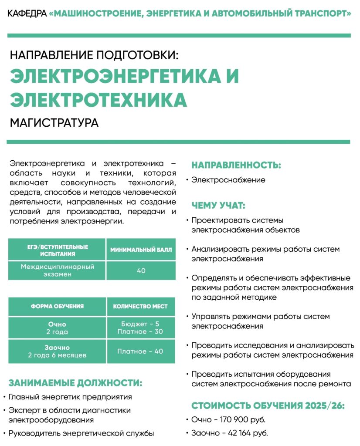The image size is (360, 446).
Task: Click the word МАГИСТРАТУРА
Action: click(54, 122)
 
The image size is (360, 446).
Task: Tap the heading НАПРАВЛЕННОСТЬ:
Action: click(236, 165)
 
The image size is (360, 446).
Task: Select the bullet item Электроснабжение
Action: click(228, 179)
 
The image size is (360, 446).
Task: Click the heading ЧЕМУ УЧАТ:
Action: click(218, 206)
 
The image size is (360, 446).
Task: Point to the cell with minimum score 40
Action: click(141, 270)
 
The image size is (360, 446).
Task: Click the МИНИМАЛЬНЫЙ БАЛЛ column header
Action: click(141, 250)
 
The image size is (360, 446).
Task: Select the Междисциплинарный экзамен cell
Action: click(57, 270)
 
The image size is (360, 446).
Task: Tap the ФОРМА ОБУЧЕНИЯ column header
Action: click(57, 306)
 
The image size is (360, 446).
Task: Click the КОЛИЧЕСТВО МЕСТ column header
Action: click(140, 306)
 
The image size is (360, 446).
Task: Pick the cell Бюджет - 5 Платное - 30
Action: click(140, 328)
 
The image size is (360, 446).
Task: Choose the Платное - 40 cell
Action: click(140, 351)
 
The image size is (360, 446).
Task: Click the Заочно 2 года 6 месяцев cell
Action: click(57, 351)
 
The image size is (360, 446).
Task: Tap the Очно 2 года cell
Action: click(57, 328)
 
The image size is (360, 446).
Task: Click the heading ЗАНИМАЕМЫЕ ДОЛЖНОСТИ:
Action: click(75, 383)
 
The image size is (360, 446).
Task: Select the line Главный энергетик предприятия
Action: click(70, 397)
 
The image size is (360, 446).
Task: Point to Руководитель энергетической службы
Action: click(81, 433)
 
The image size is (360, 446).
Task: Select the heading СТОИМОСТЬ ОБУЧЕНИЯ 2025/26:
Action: click(268, 406)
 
